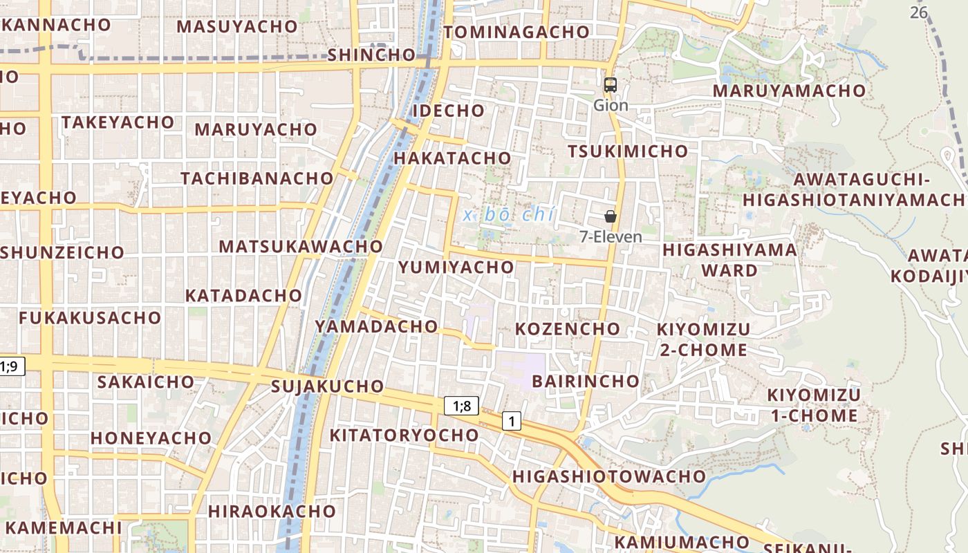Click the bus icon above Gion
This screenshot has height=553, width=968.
click(610, 85)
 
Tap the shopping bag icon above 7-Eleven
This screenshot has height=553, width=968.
click(611, 216)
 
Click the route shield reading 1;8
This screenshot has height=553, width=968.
click(461, 406)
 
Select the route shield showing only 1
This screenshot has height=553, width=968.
click(511, 421)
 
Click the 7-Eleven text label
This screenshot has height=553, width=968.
click(611, 236)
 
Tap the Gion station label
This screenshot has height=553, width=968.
click(611, 105)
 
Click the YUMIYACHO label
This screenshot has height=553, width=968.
click(456, 267)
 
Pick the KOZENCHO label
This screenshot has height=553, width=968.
click(568, 328)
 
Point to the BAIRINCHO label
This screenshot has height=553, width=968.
click(586, 381)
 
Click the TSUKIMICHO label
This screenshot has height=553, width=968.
click(628, 151)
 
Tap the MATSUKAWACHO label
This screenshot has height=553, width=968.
click(301, 246)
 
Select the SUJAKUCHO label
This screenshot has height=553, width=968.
click(328, 386)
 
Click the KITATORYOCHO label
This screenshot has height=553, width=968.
click(404, 435)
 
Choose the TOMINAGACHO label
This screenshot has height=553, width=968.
click(516, 32)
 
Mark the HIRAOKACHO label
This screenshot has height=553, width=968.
click(272, 512)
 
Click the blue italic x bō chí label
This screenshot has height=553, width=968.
click(509, 214)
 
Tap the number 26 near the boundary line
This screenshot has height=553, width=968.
click(918, 12)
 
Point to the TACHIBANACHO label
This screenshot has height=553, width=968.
click(257, 178)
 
